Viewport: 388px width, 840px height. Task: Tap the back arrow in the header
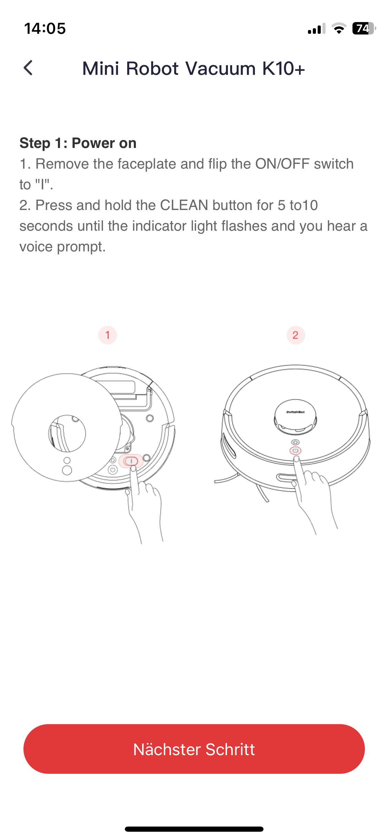(x=28, y=68)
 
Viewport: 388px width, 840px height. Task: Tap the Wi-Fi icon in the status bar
(x=339, y=28)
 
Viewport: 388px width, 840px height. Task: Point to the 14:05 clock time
(x=45, y=29)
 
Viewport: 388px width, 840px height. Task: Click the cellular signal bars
(x=317, y=29)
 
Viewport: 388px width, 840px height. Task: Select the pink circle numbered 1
(x=108, y=335)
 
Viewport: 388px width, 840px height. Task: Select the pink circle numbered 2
(x=296, y=335)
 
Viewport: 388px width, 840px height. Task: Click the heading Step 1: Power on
(x=78, y=143)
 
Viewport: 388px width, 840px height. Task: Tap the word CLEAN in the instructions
(x=184, y=205)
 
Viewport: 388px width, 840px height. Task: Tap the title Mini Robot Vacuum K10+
(x=193, y=68)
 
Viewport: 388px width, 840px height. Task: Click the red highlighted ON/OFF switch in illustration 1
(x=131, y=461)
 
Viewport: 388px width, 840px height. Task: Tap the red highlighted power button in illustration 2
(x=295, y=451)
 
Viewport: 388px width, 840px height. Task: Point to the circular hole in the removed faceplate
(x=67, y=433)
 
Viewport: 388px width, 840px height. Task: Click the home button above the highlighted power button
(x=296, y=442)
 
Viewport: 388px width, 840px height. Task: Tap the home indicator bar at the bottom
(x=194, y=829)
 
